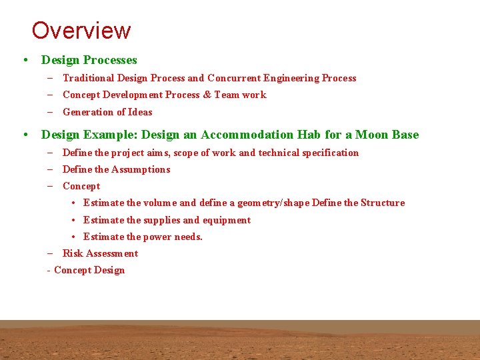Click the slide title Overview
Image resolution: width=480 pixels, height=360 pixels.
click(x=81, y=31)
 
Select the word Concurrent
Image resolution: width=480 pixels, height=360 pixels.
click(x=233, y=78)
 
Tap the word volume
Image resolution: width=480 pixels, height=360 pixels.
click(x=160, y=203)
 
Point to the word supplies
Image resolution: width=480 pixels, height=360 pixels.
click(x=162, y=220)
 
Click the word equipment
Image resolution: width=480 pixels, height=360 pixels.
click(x=227, y=220)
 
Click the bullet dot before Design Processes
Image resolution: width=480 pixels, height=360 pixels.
click(x=25, y=60)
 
